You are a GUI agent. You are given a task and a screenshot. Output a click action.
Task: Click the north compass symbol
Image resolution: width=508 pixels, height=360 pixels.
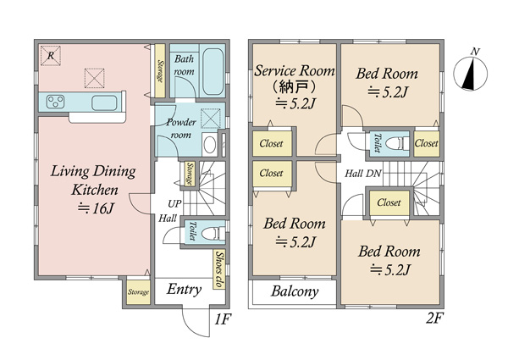tap(471, 73)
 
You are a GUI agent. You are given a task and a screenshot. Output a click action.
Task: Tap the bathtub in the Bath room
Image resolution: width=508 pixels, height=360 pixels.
tap(213, 72)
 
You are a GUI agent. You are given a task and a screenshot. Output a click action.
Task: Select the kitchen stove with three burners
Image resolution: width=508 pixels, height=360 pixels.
tap(55, 102)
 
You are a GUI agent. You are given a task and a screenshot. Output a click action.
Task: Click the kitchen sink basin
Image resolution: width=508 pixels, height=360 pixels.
tap(104, 102)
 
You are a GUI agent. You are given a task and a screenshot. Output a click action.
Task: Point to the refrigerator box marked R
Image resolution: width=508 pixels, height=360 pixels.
tap(51, 55)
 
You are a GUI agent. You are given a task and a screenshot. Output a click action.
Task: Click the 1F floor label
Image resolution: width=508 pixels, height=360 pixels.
tap(223, 319)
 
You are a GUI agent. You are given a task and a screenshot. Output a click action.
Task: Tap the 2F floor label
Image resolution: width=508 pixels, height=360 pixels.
tap(434, 318)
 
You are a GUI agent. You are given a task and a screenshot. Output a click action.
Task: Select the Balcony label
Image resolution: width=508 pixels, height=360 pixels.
tap(295, 291)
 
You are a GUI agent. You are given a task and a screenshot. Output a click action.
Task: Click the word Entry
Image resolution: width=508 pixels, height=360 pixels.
tap(184, 290)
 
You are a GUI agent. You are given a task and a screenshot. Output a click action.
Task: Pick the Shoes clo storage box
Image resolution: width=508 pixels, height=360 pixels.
tap(219, 269)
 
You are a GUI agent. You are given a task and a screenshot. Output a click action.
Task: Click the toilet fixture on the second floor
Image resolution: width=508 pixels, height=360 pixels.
tap(398, 143)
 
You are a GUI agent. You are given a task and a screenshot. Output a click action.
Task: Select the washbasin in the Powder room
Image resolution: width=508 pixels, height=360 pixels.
tap(210, 144)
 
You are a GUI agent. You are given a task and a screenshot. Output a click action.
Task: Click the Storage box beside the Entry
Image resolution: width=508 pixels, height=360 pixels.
tap(138, 292)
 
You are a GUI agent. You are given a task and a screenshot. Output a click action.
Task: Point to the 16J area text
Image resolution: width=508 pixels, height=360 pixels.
tap(96, 208)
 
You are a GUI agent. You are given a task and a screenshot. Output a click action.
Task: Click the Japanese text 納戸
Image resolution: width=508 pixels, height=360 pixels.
tap(294, 86)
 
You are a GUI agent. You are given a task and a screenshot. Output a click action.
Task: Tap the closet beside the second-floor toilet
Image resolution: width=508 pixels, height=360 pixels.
tap(427, 143)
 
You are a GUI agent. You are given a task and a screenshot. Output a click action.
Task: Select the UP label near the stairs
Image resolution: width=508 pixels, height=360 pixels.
tap(174, 204)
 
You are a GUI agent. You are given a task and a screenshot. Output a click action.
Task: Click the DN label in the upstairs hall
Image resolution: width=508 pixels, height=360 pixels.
tap(373, 174)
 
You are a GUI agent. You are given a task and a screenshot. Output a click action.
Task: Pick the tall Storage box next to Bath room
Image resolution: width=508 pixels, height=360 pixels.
tap(160, 70)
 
